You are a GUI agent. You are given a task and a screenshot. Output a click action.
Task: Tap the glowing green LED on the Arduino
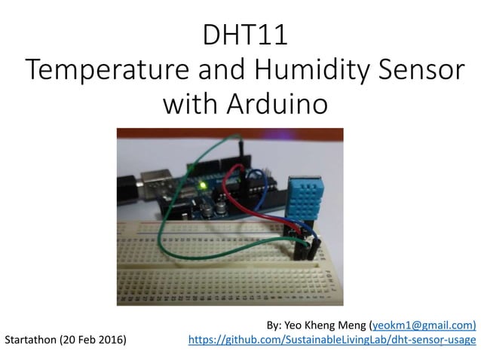(201, 184)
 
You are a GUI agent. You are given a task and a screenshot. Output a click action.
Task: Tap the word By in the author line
(274, 325)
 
